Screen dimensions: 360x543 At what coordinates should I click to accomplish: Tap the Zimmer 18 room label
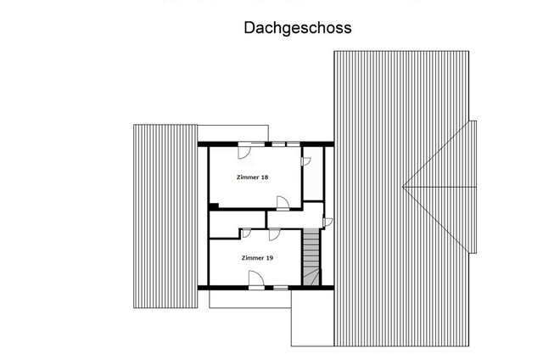(252, 177)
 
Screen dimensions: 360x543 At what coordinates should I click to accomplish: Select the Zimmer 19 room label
(256, 257)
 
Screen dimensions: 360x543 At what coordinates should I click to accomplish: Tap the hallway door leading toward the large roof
(328, 222)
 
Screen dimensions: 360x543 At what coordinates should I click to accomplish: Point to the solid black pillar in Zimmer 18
(213, 205)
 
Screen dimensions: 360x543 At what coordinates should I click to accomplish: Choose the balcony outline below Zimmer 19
(250, 298)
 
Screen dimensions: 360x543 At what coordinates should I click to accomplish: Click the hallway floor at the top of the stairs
(297, 218)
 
